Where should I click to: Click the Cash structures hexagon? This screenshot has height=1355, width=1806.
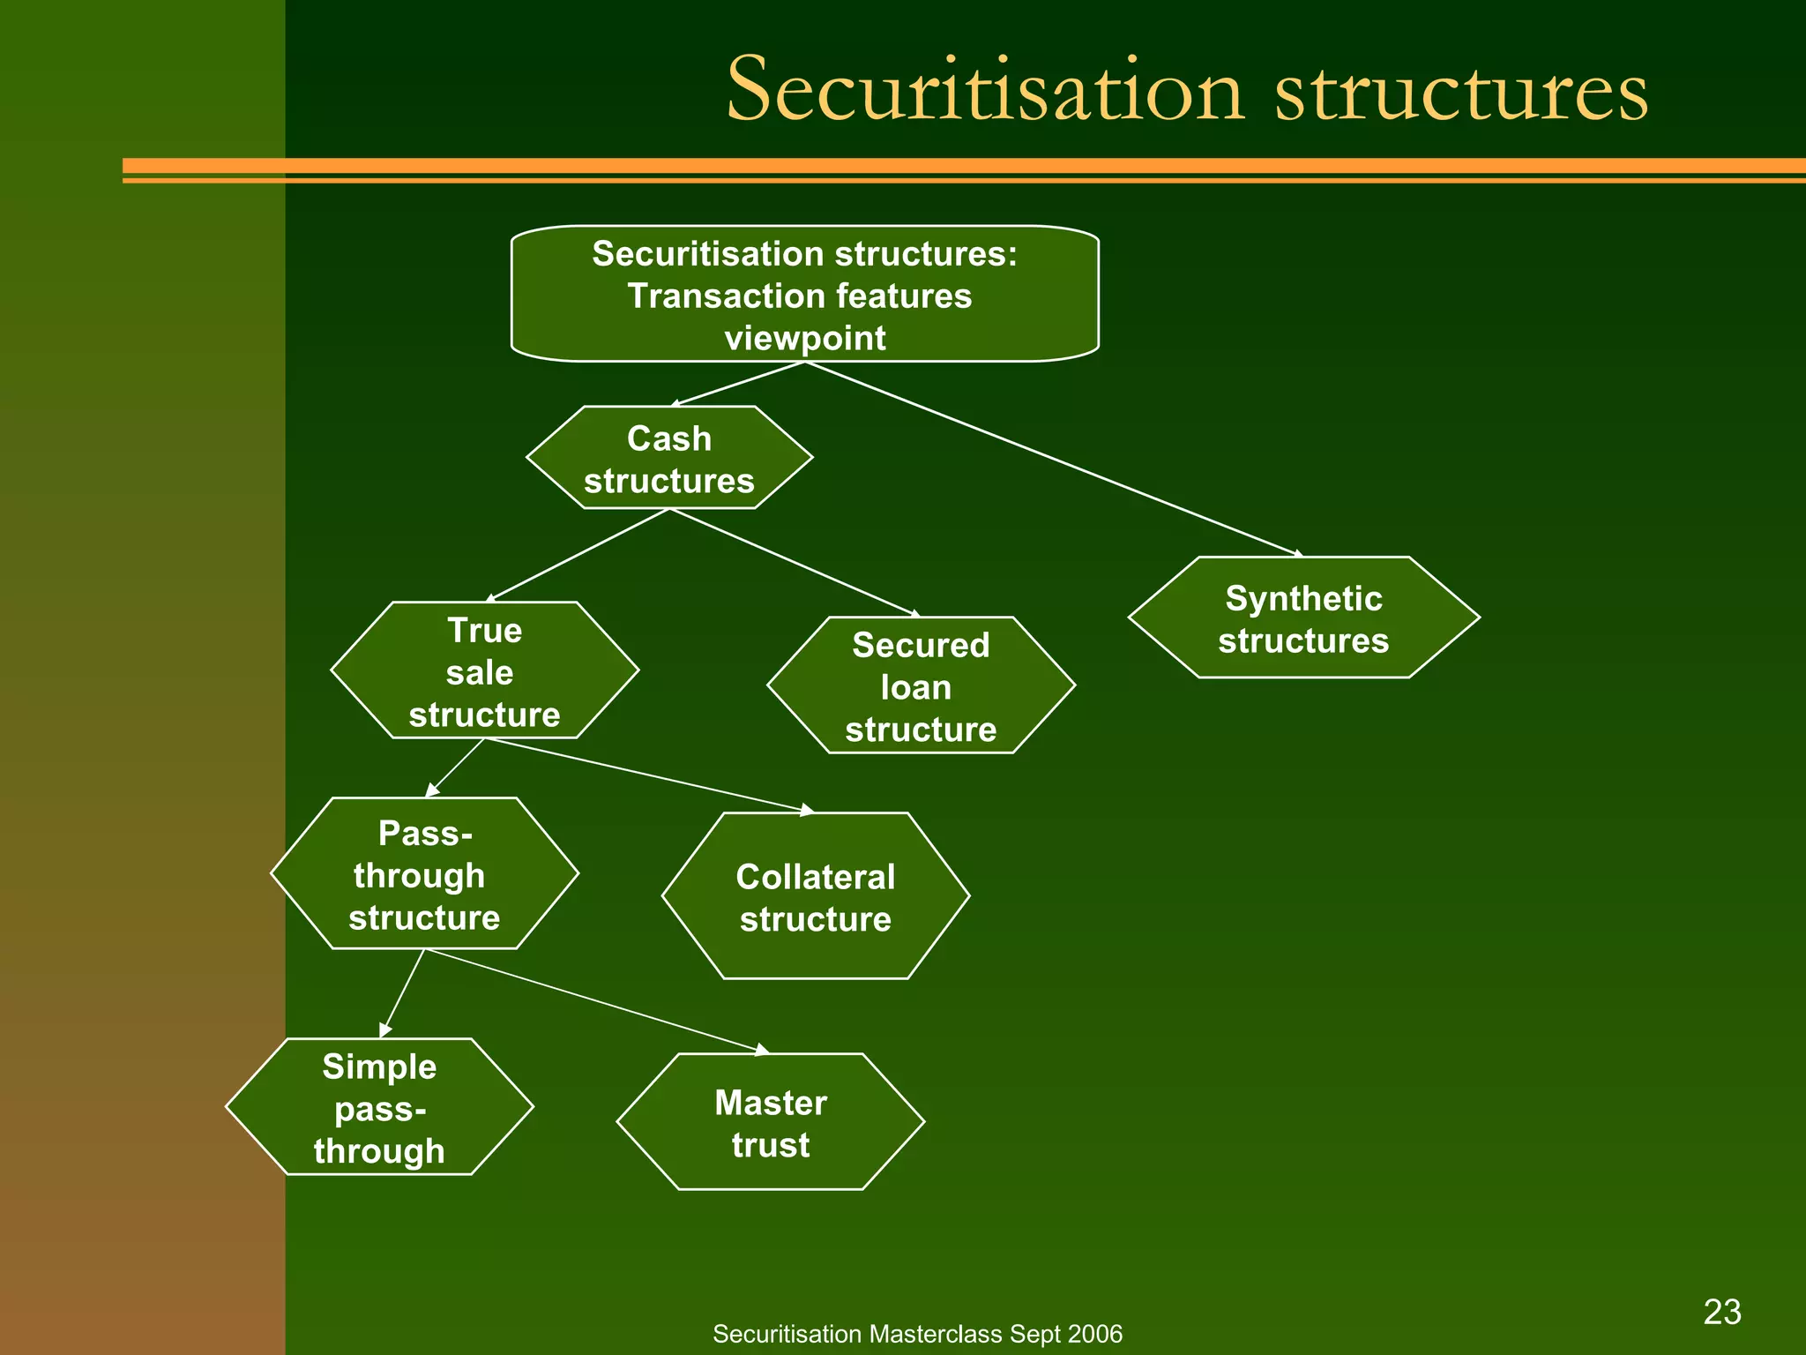click(669, 458)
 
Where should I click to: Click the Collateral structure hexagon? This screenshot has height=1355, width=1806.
click(816, 896)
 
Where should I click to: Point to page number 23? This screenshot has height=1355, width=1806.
click(1722, 1312)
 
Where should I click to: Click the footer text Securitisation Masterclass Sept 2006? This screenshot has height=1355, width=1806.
click(917, 1334)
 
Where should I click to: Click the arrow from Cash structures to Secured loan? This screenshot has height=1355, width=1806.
click(794, 562)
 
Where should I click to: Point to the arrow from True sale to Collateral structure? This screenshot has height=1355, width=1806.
click(648, 775)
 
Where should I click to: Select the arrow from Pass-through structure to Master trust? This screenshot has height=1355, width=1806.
click(595, 1000)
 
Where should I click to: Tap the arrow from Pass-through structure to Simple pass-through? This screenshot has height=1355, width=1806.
click(402, 993)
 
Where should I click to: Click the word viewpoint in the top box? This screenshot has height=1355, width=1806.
click(804, 339)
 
